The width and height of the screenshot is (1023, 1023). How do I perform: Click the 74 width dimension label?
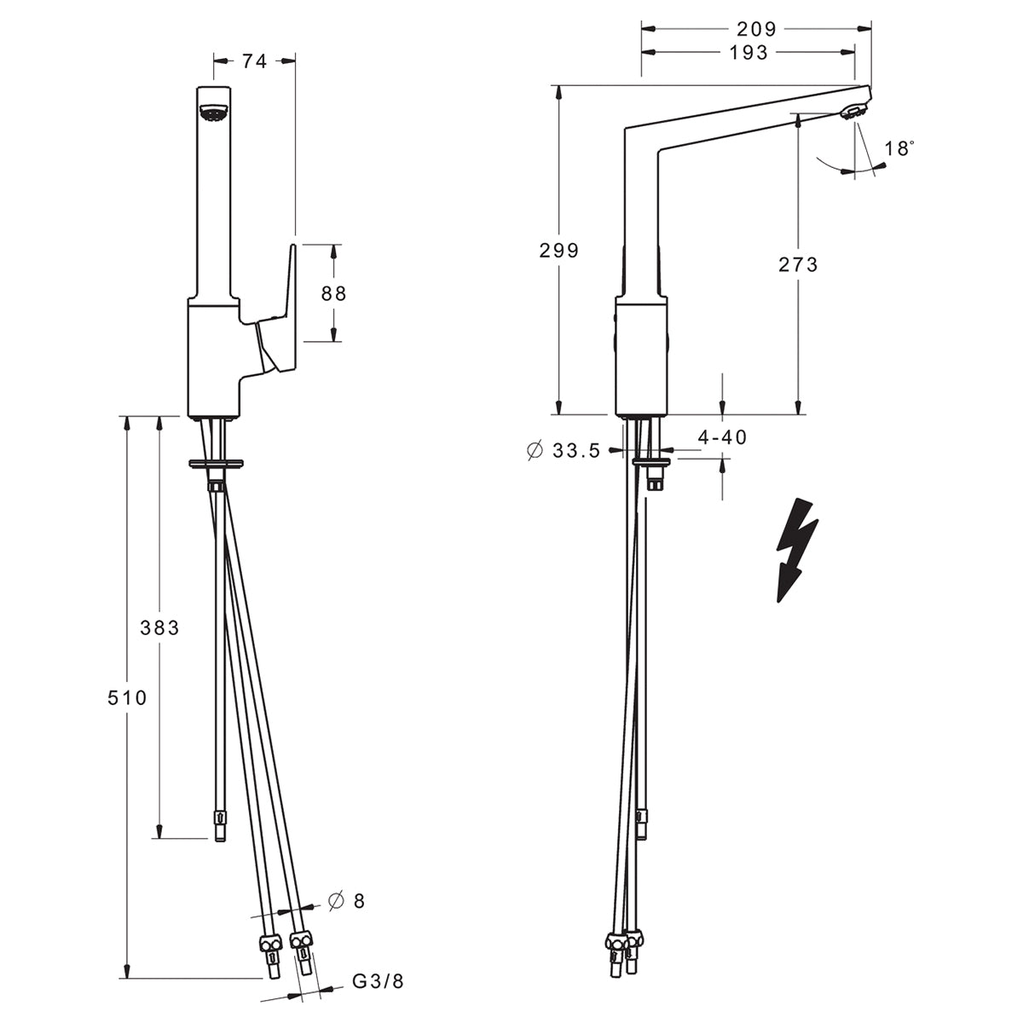[x=254, y=61]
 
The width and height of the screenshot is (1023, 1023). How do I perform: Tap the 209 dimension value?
[x=756, y=29]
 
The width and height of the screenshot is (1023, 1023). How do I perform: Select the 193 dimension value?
[x=748, y=53]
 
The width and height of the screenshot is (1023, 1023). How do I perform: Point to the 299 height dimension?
[x=558, y=250]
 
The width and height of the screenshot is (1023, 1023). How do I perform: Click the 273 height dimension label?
[x=798, y=264]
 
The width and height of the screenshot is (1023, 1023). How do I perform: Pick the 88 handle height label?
[x=333, y=293]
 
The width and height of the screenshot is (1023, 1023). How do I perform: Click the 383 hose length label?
[x=159, y=627]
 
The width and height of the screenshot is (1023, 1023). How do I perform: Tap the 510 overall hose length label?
[x=127, y=697]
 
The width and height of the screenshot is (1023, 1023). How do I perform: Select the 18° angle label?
[x=899, y=148]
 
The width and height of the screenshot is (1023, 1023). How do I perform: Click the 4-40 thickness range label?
[x=722, y=437]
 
